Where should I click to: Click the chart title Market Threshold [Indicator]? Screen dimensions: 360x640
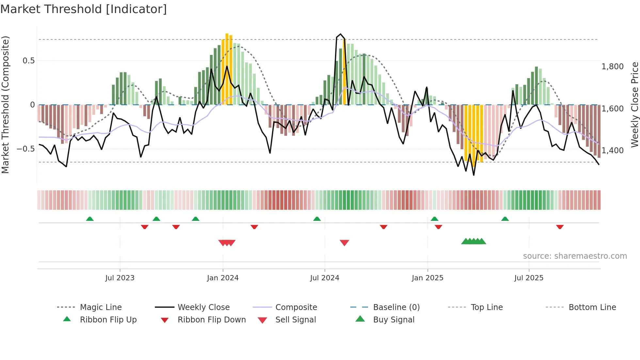click(x=84, y=9)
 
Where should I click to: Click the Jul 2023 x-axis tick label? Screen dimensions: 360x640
click(x=120, y=278)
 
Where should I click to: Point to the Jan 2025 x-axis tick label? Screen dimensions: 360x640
click(x=427, y=278)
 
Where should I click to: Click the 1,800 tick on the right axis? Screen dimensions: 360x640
click(x=612, y=67)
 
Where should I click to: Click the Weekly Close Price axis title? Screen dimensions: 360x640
click(x=634, y=105)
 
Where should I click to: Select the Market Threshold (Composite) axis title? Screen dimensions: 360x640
click(x=5, y=105)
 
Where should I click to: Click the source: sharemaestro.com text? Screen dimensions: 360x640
click(x=575, y=256)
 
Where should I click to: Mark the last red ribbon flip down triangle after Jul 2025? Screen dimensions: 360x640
click(x=560, y=227)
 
